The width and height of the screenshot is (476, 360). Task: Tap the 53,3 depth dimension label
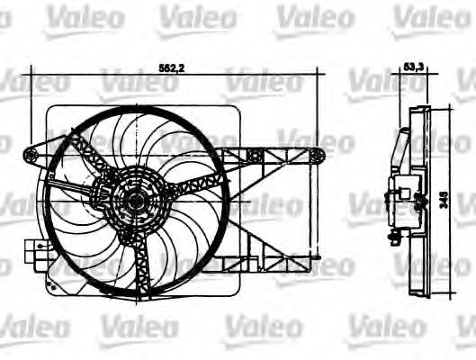click(x=414, y=67)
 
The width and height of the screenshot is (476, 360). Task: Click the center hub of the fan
click(x=136, y=200)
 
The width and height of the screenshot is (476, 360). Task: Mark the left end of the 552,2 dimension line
click(x=30, y=74)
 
